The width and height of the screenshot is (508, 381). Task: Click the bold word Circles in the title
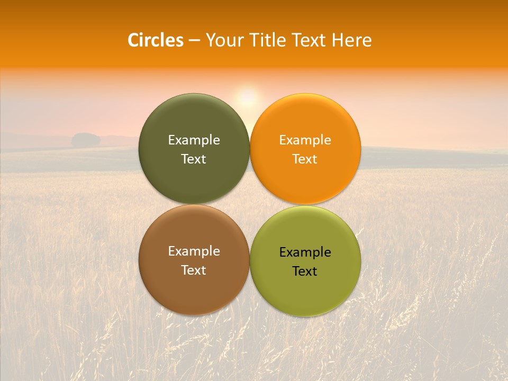pyautogui.click(x=155, y=40)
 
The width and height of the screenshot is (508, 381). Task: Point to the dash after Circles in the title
pyautogui.click(x=194, y=41)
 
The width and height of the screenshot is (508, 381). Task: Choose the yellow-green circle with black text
pyautogui.click(x=305, y=291)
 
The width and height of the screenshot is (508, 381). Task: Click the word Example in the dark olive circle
pyautogui.click(x=194, y=140)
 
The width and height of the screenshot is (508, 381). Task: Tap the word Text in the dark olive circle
pyautogui.click(x=194, y=159)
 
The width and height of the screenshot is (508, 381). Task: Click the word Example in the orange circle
pyautogui.click(x=305, y=140)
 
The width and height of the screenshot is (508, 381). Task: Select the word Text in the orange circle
pyautogui.click(x=305, y=159)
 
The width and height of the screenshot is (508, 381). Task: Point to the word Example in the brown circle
pyautogui.click(x=194, y=251)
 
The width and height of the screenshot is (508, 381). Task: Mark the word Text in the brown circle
pyautogui.click(x=194, y=270)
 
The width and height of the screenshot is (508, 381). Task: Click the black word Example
pyautogui.click(x=305, y=252)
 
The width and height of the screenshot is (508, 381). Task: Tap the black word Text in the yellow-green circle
pyautogui.click(x=305, y=271)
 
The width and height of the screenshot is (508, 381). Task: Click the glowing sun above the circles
pyautogui.click(x=247, y=97)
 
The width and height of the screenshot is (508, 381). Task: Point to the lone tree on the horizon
pyautogui.click(x=86, y=140)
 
